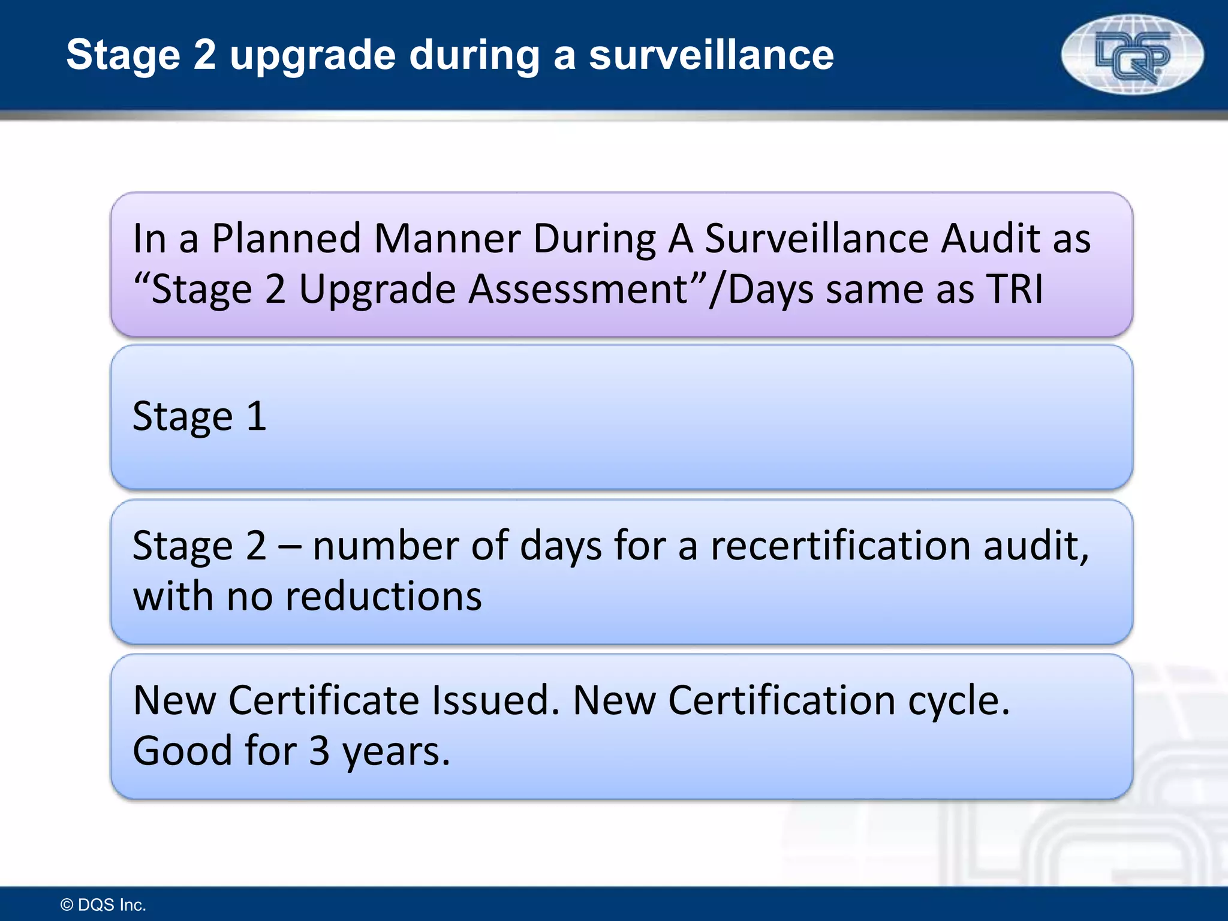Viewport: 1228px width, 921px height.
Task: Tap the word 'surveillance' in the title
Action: coord(711,55)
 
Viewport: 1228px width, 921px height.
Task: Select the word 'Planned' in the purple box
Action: coord(286,239)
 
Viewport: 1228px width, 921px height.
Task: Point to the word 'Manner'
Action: coord(447,239)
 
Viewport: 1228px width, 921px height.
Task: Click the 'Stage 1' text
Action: coord(199,417)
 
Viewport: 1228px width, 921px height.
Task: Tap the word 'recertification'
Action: coord(841,546)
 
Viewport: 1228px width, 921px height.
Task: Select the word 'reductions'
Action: coord(384,597)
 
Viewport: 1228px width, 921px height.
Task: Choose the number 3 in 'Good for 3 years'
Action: coord(319,751)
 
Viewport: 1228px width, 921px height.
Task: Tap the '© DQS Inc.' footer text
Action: coord(104,905)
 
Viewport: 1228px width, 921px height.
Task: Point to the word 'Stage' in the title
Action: coord(123,56)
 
